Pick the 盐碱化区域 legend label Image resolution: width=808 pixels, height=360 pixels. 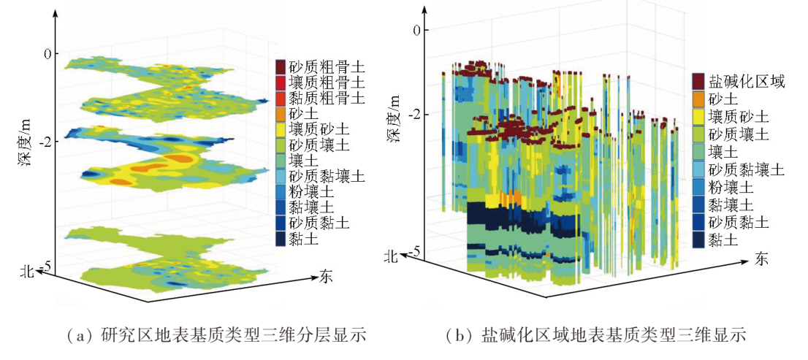(x=745, y=82)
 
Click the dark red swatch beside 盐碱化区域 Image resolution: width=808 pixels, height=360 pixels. (x=698, y=82)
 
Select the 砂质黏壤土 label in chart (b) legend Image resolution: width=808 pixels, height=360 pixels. (x=745, y=169)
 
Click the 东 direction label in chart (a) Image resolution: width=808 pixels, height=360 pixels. (x=327, y=276)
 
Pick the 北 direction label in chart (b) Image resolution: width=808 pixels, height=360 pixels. (x=392, y=256)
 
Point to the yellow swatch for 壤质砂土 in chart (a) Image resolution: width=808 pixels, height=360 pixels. (x=281, y=130)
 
